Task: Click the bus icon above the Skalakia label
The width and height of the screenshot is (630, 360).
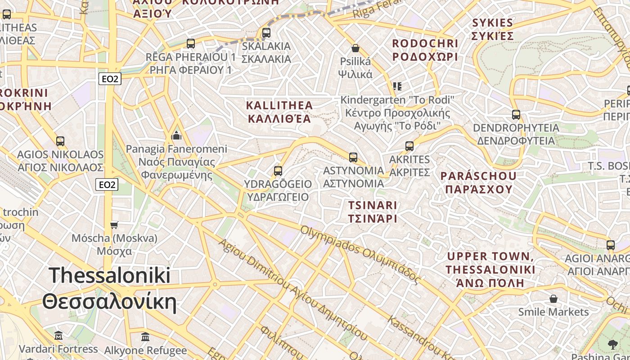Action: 266,32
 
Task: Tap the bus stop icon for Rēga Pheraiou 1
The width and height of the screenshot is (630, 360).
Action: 191,44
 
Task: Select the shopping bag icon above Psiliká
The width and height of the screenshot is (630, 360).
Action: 355,48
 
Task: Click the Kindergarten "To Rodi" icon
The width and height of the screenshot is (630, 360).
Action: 396,86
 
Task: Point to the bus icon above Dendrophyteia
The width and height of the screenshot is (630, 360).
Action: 516,114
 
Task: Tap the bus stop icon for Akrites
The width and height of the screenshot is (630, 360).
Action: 409,146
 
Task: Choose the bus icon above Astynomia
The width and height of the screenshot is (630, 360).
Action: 353,157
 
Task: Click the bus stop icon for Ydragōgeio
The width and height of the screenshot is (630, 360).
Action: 278,171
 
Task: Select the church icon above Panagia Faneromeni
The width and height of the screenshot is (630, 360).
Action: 176,135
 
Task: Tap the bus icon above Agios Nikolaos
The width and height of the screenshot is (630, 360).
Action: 60,141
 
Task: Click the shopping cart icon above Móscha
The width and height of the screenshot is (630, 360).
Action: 114,225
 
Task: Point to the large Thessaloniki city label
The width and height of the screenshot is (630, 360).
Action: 109,288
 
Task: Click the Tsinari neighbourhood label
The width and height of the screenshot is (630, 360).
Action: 373,212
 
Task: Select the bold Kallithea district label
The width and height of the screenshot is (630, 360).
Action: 279,112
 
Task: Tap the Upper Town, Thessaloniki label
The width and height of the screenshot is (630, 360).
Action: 490,270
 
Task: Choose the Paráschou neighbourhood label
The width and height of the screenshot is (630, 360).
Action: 479,182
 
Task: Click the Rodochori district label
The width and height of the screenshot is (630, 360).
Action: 425,50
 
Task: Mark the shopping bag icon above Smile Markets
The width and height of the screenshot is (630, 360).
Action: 553,299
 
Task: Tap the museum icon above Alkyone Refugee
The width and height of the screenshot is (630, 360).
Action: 145,337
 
